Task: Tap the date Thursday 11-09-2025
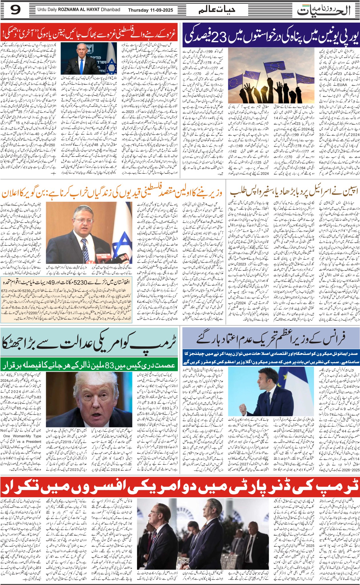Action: click(150, 10)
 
